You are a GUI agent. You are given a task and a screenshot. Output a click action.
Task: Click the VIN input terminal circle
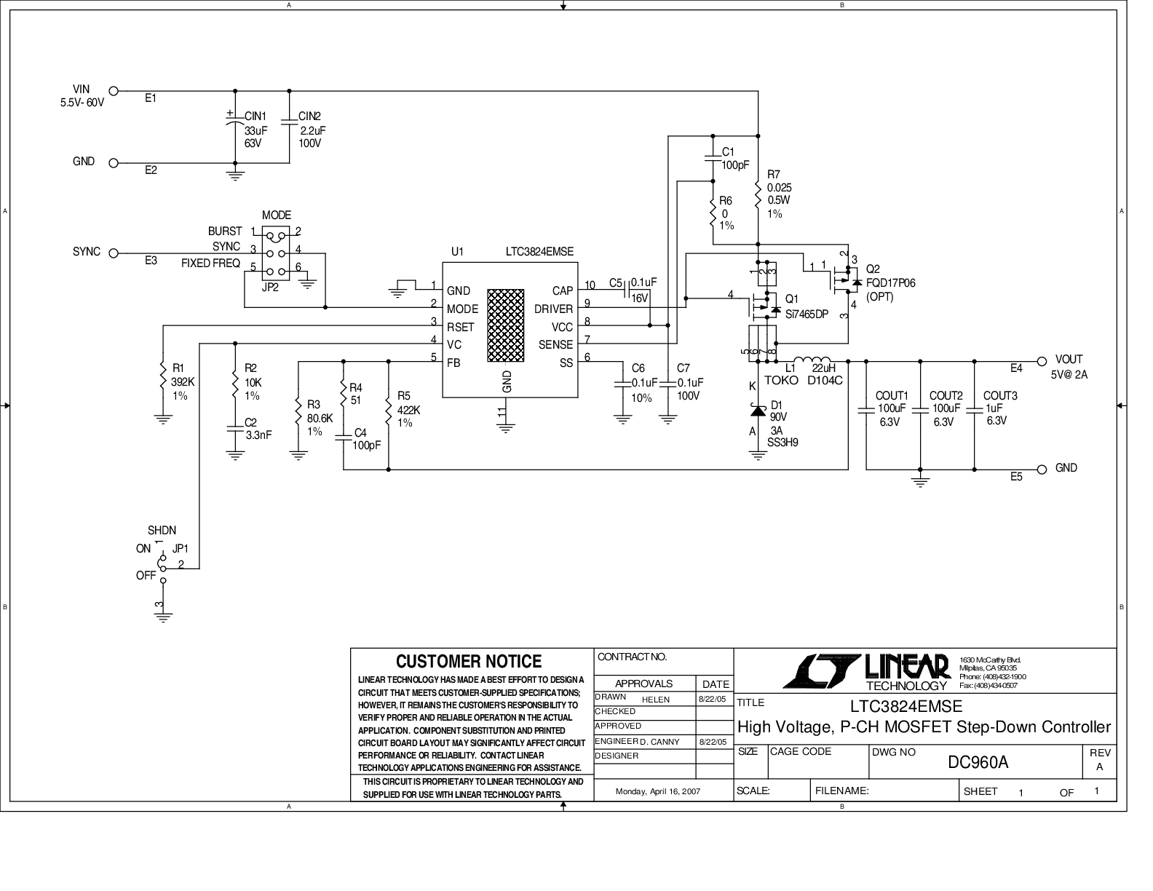pyautogui.click(x=113, y=91)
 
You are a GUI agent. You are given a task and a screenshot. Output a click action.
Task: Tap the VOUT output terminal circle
pyautogui.click(x=1042, y=361)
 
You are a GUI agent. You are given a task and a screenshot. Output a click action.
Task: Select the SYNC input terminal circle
pyautogui.click(x=113, y=253)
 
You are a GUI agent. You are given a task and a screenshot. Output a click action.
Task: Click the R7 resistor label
pyautogui.click(x=774, y=175)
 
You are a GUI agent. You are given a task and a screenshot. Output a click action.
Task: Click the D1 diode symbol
pyautogui.click(x=758, y=411)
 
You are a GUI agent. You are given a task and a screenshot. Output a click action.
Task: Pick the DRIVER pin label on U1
pyautogui.click(x=553, y=309)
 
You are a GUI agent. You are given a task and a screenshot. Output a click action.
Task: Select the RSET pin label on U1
pyautogui.click(x=460, y=327)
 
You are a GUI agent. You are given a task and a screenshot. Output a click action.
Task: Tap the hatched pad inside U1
pyautogui.click(x=506, y=325)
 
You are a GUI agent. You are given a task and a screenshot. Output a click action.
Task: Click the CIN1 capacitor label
pyautogui.click(x=255, y=116)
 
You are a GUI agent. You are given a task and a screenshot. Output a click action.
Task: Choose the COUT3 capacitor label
pyautogui.click(x=1000, y=396)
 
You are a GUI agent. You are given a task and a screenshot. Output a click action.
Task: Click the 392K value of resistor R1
pyautogui.click(x=183, y=382)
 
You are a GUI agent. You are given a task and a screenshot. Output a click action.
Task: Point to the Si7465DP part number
pyautogui.click(x=807, y=314)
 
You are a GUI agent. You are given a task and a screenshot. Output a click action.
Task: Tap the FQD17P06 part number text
pyautogui.click(x=890, y=283)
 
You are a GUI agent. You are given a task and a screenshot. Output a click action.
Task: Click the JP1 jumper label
pyautogui.click(x=181, y=549)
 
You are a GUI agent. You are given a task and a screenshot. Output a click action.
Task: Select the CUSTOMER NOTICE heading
pyautogui.click(x=469, y=662)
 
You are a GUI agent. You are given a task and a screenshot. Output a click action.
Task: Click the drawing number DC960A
pyautogui.click(x=978, y=763)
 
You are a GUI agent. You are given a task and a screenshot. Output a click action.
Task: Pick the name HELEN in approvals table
pyautogui.click(x=656, y=700)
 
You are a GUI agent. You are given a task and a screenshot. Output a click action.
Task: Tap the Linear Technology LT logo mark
pyautogui.click(x=821, y=671)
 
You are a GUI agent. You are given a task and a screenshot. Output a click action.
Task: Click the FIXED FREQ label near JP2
pyautogui.click(x=210, y=264)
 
